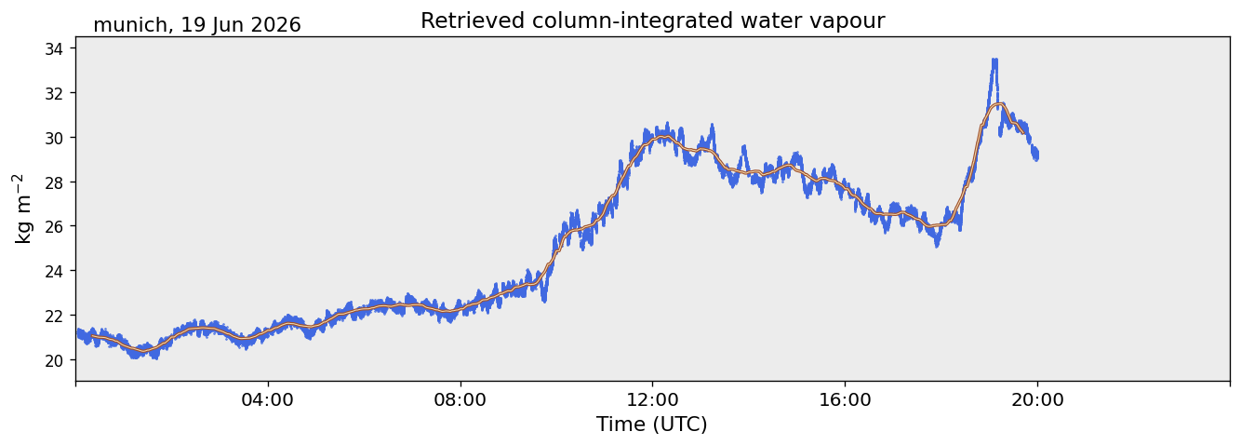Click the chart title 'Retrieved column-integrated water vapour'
(x=653, y=21)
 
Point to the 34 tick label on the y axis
(x=54, y=48)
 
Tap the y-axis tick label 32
(x=54, y=93)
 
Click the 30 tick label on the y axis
(x=54, y=138)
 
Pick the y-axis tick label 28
(x=54, y=182)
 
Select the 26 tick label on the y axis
(x=54, y=226)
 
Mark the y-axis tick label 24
(x=54, y=271)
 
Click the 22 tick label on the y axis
(x=54, y=316)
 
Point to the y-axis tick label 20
(x=54, y=360)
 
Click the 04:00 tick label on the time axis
(x=268, y=399)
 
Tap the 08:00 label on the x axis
(x=460, y=399)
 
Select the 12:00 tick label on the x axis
(x=653, y=399)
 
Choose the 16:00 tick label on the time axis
(x=845, y=399)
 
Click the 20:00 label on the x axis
(x=1037, y=399)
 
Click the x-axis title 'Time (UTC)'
(x=652, y=425)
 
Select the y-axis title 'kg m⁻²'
(x=23, y=209)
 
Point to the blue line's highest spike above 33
(x=995, y=60)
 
